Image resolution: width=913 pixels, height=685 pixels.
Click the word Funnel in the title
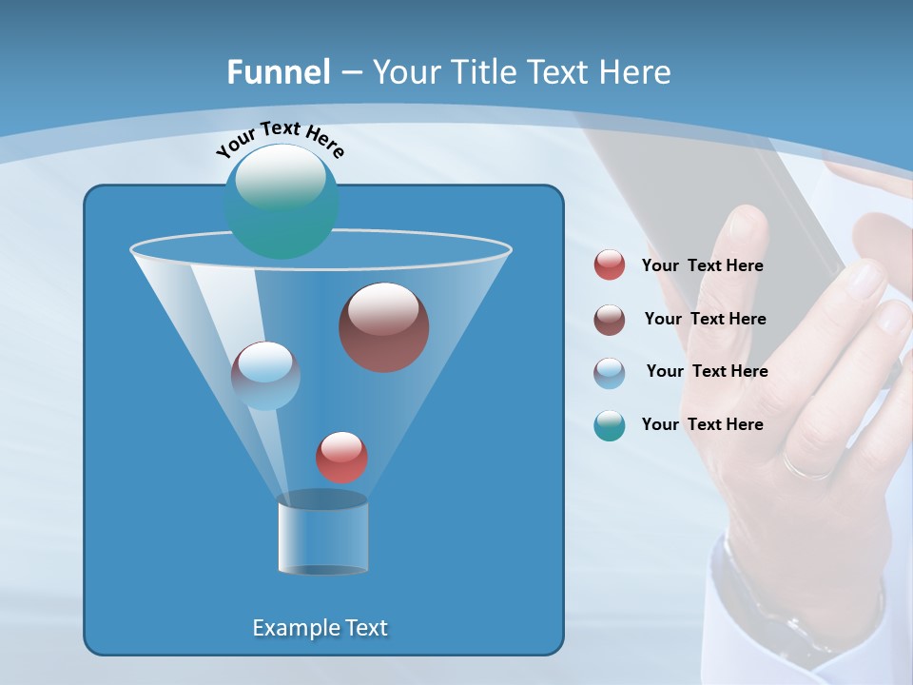click(279, 72)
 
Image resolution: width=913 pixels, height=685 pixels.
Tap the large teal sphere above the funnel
click(282, 202)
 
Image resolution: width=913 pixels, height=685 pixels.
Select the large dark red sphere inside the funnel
click(384, 327)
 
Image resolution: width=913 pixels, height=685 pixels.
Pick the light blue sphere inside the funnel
click(265, 375)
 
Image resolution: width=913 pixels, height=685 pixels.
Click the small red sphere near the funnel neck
click(341, 457)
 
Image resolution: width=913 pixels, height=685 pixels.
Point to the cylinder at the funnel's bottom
click(322, 535)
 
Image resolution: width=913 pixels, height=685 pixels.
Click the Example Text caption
click(321, 628)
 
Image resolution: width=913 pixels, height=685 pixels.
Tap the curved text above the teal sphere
click(280, 137)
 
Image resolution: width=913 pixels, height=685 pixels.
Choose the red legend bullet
click(610, 265)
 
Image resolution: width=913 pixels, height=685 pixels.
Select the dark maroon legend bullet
click(610, 320)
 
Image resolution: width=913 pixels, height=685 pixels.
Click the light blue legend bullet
click(610, 372)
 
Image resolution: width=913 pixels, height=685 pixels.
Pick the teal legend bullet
click(610, 425)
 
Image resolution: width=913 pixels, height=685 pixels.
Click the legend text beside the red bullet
click(702, 266)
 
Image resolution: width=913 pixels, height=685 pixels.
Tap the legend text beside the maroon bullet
click(705, 320)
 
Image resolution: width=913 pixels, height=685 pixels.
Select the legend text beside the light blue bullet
click(707, 372)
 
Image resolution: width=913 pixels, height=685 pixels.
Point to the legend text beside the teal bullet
click(702, 425)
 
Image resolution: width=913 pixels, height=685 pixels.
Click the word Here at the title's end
click(635, 72)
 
